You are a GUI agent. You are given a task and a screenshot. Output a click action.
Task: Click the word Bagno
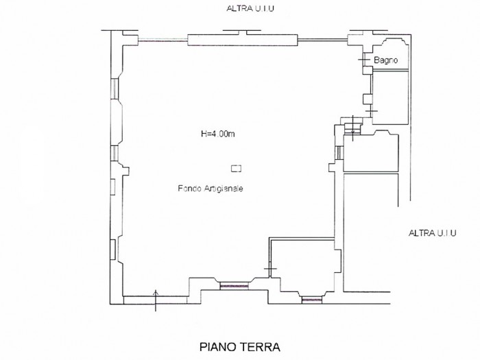coord(385,60)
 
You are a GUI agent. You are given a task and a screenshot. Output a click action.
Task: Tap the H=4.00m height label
coord(217,134)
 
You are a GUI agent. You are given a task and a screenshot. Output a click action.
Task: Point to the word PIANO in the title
coord(218,347)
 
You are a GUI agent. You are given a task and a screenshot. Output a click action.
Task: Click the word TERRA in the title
coord(260,347)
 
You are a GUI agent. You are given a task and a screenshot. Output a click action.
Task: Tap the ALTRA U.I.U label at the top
coord(250,8)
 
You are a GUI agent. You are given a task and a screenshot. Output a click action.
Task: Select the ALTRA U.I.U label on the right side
coord(432,233)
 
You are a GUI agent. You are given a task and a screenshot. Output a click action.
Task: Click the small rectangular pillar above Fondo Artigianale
coord(236,169)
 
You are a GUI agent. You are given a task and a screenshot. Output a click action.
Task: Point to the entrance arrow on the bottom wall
coord(156,300)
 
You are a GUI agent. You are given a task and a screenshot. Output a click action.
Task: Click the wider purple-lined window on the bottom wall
coord(235,286)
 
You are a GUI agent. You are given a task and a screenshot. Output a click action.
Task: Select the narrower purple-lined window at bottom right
coord(311,300)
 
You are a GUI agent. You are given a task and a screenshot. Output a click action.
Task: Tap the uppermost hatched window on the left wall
coord(115,88)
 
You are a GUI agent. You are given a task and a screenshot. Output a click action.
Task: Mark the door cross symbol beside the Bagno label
coord(363,60)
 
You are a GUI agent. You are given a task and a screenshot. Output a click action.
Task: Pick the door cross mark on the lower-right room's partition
coord(270,269)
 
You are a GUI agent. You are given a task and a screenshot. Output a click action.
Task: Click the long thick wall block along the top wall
coord(243,40)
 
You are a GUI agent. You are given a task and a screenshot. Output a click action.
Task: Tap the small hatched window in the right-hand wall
coord(339,152)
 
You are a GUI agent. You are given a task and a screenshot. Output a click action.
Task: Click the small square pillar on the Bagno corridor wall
coord(367,99)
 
